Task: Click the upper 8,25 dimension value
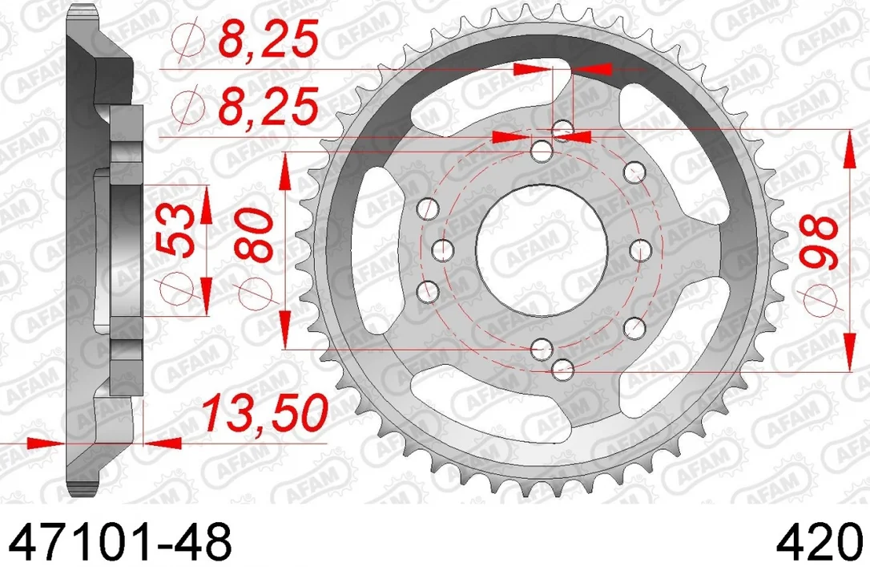pos(268,38)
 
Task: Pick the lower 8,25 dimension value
pos(268,106)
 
